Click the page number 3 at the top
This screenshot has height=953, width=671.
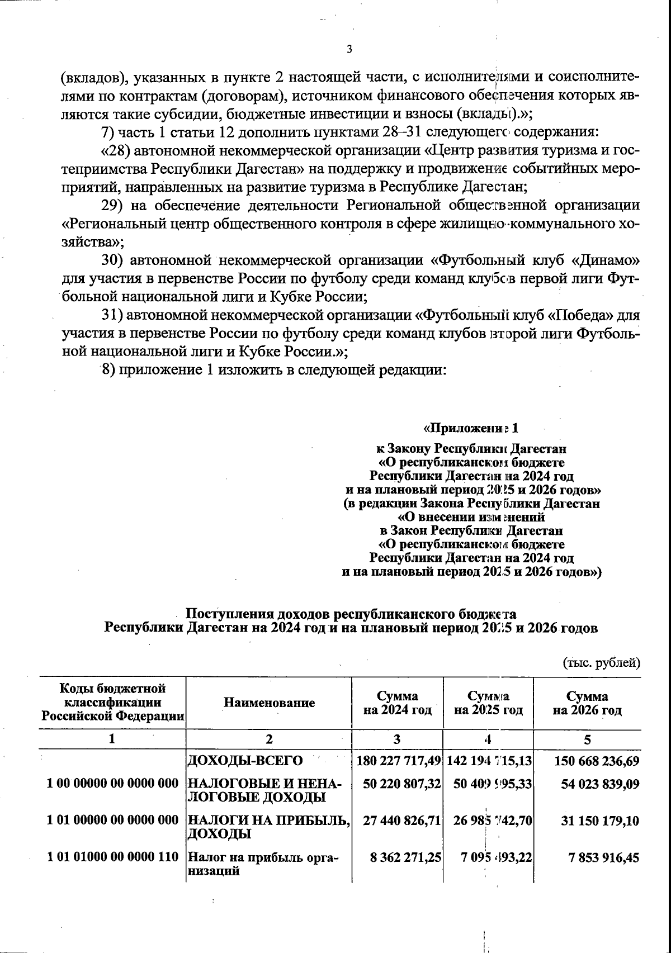[349, 50]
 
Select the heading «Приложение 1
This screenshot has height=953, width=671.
[471, 429]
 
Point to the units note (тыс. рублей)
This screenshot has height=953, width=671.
[601, 663]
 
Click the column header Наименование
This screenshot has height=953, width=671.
[269, 703]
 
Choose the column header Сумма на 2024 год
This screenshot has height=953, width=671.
[397, 703]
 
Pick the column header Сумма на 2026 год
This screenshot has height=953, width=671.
[587, 703]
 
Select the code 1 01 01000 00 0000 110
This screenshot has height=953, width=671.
[112, 856]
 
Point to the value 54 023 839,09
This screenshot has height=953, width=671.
[600, 784]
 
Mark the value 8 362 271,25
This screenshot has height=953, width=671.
[405, 857]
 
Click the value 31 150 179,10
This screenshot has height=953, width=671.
[600, 821]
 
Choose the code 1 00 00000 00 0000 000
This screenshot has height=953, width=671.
[112, 784]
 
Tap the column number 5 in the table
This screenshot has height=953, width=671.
[587, 739]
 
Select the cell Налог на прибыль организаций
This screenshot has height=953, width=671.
[263, 864]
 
